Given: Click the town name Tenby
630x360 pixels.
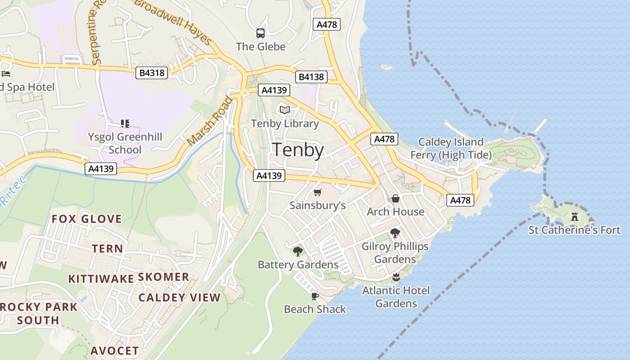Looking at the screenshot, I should coord(298,150).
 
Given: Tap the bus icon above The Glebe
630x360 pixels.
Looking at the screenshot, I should coord(261,33).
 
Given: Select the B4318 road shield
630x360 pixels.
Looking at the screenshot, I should coord(152,73).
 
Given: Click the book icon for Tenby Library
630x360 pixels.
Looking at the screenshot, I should coord(284,110).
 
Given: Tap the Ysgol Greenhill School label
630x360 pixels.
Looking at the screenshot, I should coord(125,143).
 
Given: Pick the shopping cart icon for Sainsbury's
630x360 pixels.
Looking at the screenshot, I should coord(318,193).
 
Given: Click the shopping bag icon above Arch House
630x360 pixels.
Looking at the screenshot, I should coord(395,198).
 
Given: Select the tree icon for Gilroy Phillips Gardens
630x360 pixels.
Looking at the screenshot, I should coord(395,233).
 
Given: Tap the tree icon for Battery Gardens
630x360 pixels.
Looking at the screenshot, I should coord(297,251).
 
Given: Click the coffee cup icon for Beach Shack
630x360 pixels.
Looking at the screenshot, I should coord(315,296).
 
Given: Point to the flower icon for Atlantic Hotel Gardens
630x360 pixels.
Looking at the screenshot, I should coord(396,277).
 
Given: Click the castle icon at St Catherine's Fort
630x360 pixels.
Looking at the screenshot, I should coord(575,217).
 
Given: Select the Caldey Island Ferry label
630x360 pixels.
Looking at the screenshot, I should coord(451,148).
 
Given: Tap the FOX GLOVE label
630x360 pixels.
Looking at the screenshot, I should coord(87,219).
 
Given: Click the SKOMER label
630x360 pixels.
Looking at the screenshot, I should coord(163,277).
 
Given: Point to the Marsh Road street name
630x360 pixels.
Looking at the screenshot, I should coord(210,121).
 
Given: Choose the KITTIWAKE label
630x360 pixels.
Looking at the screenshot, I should coord(101,279).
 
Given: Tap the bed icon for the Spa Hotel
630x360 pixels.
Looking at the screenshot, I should coord(5,73).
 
